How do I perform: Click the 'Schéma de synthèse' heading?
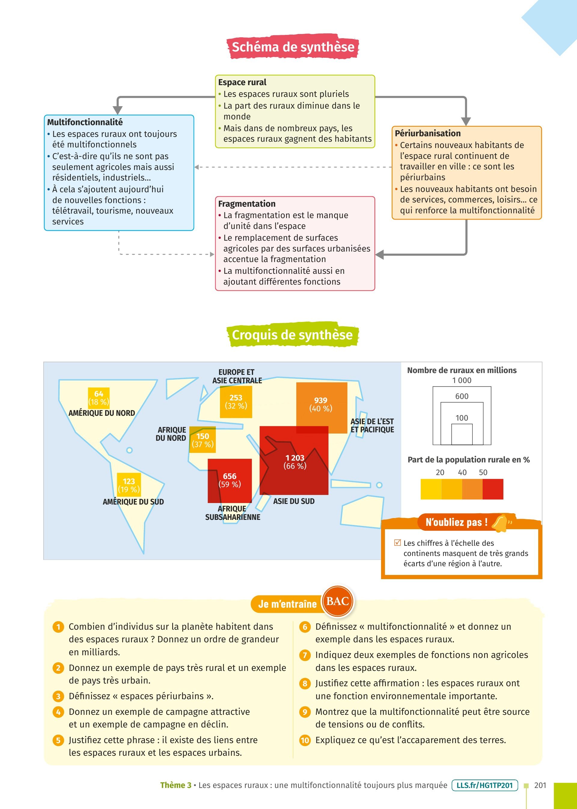click(293, 47)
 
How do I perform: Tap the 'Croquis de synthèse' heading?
click(292, 335)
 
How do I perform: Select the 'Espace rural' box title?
click(242, 82)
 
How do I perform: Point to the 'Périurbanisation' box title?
click(427, 133)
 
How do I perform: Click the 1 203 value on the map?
click(295, 458)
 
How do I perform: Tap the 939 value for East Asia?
click(320, 400)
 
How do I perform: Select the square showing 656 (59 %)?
click(230, 480)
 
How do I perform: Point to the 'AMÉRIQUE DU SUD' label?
click(133, 502)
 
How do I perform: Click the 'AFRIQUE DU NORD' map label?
click(171, 434)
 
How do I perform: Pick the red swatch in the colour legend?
click(493, 489)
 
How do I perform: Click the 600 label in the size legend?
click(462, 396)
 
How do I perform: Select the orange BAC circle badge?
click(337, 601)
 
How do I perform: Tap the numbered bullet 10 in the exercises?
click(305, 740)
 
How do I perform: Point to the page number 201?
click(540, 785)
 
